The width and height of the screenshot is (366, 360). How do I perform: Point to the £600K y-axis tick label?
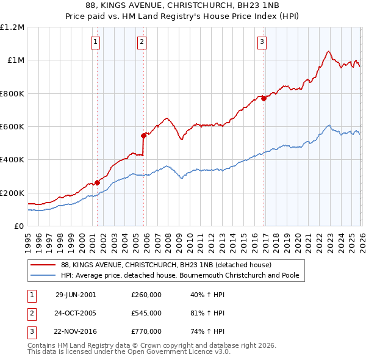click(x=12, y=127)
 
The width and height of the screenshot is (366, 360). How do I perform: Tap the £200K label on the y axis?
click(x=12, y=193)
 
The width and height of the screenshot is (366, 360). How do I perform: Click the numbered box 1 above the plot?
click(x=96, y=42)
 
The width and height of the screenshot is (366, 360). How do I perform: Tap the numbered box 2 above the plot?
click(x=142, y=42)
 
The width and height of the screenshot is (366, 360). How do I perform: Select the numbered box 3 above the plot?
click(x=262, y=42)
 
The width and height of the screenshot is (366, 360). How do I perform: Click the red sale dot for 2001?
click(x=98, y=182)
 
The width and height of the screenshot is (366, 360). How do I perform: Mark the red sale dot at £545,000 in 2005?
click(x=144, y=135)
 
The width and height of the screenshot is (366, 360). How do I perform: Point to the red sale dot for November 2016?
click(x=264, y=98)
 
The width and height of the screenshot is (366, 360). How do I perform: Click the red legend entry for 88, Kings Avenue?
click(x=170, y=265)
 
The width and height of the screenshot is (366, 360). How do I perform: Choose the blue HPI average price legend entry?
click(x=180, y=276)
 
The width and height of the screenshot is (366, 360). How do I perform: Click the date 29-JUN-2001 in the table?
click(x=76, y=294)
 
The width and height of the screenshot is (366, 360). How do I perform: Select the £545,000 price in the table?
click(x=146, y=313)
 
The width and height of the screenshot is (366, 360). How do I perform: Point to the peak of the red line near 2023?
click(x=329, y=51)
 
